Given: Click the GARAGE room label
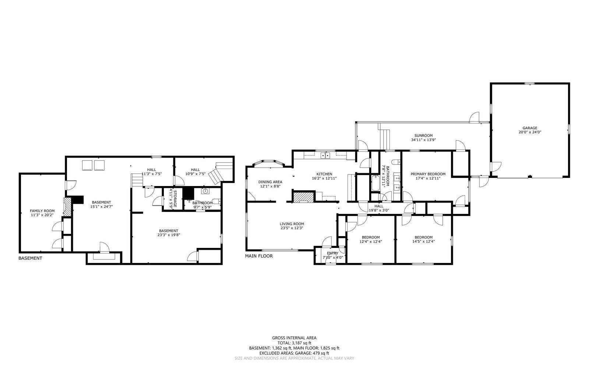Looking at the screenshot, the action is coord(530,128).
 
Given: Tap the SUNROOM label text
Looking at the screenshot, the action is coord(423,136).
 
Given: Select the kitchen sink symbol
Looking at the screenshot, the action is coord(325,155).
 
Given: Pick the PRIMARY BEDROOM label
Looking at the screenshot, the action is coord(428,174).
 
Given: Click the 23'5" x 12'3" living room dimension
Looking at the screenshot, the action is coord(292,228).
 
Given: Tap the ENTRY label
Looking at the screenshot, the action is coord(333,253).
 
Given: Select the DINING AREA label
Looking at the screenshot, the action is coord(270,182).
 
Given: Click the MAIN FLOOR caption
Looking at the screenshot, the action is coord(259,256).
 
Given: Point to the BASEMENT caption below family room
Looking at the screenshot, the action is coord(30,258).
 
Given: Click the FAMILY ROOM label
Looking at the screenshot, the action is coord(42,211).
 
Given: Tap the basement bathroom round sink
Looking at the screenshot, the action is coord(205,191).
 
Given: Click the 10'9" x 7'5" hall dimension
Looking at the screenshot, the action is coord(195,174).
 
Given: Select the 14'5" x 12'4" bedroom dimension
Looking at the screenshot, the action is coord(424,241).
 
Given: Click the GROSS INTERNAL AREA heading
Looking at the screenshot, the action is coord(294,338).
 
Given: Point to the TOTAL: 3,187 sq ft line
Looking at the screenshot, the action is coord(294,343).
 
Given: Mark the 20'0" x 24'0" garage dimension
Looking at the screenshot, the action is coord(530,132).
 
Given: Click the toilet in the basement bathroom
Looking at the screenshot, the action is coord(216,201).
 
